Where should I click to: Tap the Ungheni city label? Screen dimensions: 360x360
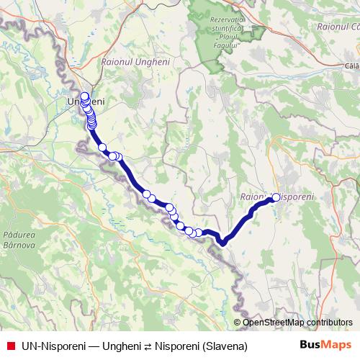coord(85,102)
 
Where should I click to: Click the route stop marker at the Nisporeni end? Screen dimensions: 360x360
coord(276,197)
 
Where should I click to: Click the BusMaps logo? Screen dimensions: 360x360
coord(325,346)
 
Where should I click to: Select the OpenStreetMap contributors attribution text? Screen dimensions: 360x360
coord(297,323)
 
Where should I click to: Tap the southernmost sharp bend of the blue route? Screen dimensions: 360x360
coord(223,242)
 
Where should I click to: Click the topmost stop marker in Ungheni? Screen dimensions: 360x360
coord(84,96)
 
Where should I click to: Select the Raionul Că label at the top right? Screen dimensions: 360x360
coord(337,26)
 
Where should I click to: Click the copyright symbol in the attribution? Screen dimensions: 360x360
coord(238,323)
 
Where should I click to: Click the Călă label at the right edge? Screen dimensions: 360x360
coord(351,66)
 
